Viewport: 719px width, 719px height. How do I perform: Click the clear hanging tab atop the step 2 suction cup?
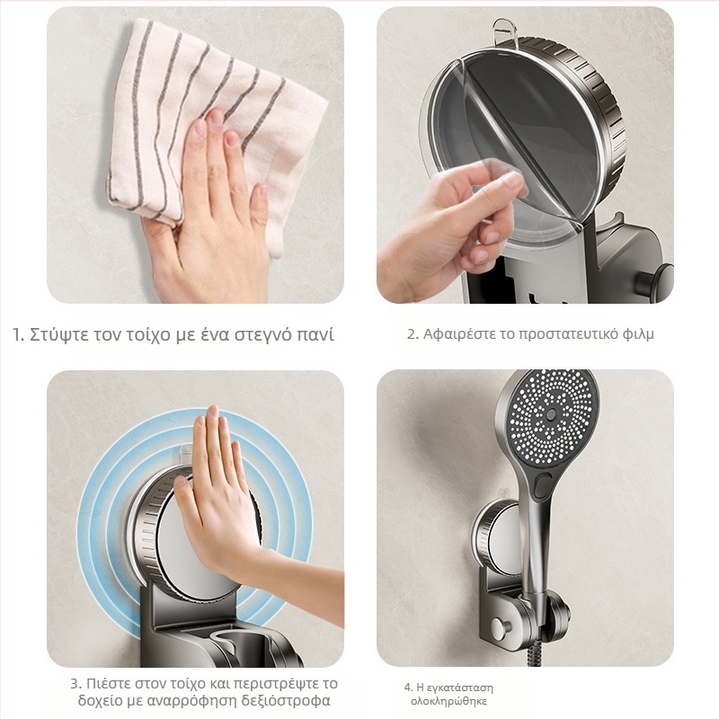[x=504, y=31]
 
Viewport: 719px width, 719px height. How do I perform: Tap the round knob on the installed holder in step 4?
[x=500, y=626]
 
